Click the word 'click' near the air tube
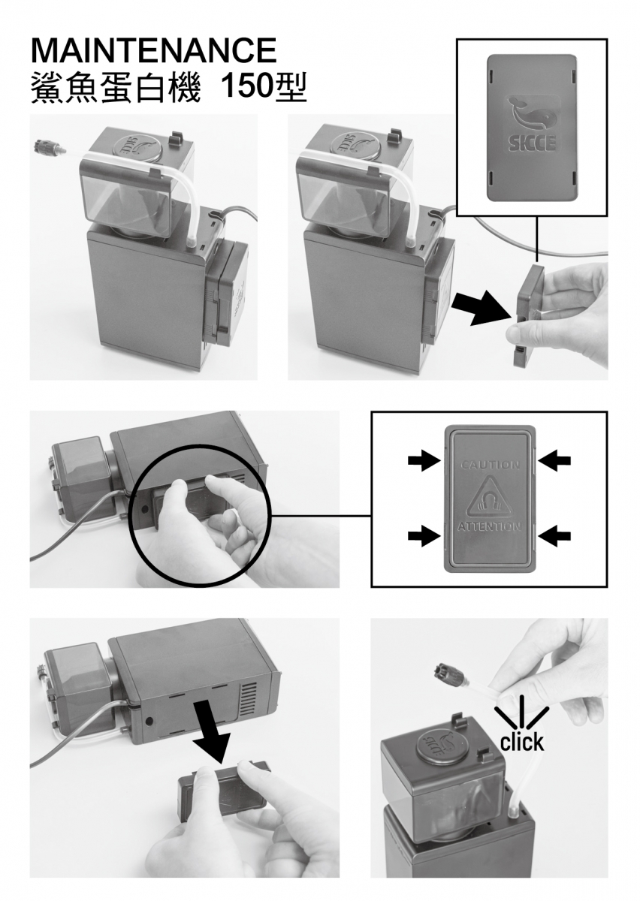click(521, 741)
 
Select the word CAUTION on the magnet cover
click(490, 465)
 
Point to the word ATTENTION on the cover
click(490, 527)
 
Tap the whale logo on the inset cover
click(532, 115)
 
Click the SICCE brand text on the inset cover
click(532, 143)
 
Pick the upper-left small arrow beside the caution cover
click(424, 460)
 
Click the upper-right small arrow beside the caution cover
click(554, 460)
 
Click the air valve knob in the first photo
click(46, 149)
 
